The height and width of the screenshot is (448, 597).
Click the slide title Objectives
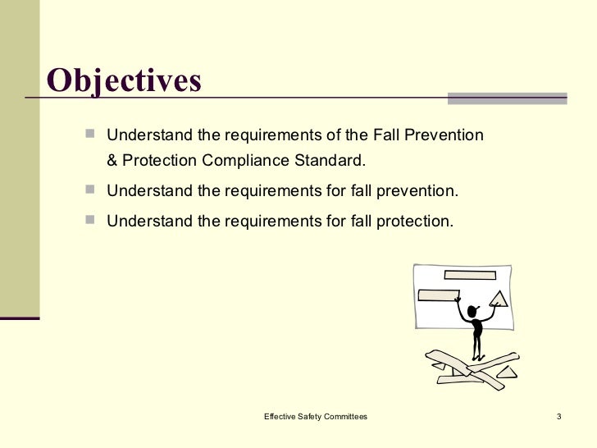(x=124, y=80)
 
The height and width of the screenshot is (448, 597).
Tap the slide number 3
(x=558, y=418)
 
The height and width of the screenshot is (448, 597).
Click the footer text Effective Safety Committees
(x=315, y=418)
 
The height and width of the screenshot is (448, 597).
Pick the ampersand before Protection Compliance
(x=112, y=158)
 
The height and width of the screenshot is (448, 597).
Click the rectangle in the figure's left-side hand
(x=440, y=295)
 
